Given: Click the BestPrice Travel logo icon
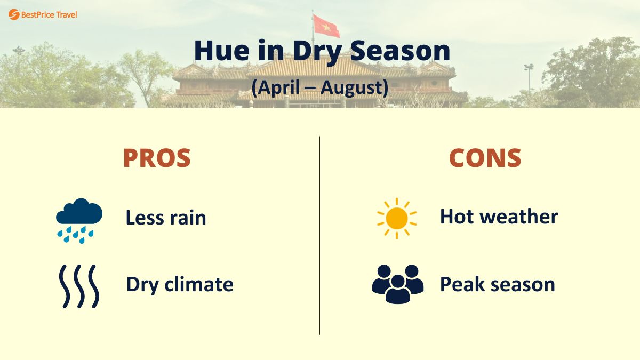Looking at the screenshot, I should click(x=13, y=14).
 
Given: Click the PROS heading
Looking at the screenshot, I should click(x=157, y=158).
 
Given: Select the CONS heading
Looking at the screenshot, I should click(x=485, y=158).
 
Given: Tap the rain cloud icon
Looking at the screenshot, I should click(x=79, y=220).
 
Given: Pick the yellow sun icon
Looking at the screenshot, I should click(x=396, y=218).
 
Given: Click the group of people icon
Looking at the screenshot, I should click(x=397, y=284).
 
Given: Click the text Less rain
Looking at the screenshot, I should click(x=165, y=218).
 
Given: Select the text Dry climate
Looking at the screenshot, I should click(x=180, y=284).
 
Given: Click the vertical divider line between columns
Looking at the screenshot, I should click(x=320, y=235).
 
